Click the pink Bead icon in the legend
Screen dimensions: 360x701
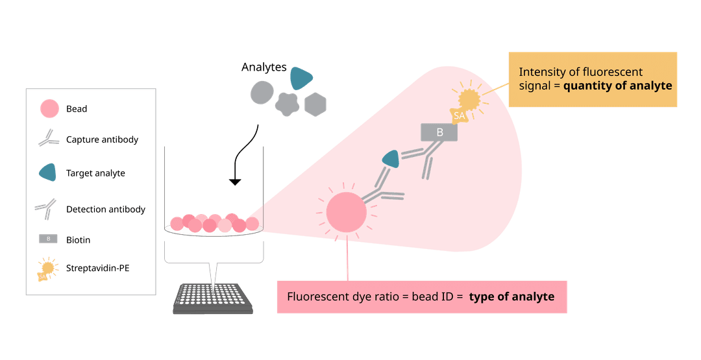coord(49,108)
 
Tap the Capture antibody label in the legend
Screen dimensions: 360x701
coord(102,139)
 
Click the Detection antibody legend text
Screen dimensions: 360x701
coord(105,210)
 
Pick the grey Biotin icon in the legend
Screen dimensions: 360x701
coord(49,239)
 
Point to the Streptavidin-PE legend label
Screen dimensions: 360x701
coord(97,267)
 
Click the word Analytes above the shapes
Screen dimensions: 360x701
coord(264,67)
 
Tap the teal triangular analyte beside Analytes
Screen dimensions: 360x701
coord(301,78)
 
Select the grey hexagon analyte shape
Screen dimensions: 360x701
coord(315,104)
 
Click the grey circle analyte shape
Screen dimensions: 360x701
coord(262,92)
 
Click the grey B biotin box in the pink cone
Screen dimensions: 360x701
coord(439,132)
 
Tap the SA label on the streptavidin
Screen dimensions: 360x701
coord(459,115)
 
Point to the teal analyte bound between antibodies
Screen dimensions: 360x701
coord(390,158)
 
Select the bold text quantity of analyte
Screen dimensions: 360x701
coord(617,86)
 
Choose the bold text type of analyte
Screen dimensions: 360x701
coord(511,297)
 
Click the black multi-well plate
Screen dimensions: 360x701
coord(213,299)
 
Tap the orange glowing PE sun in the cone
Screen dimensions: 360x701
coord(469,99)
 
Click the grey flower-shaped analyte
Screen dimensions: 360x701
coord(287,103)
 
